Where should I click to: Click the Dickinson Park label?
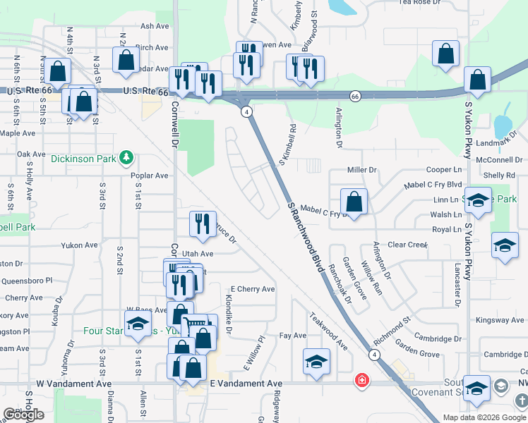(x=83, y=159)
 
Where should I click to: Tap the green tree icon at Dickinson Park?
(x=126, y=157)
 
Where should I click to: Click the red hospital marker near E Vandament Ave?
(x=362, y=381)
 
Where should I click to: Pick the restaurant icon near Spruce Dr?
(x=203, y=223)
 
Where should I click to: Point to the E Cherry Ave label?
(x=253, y=289)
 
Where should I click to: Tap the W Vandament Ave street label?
(x=74, y=384)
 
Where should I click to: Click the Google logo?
(x=24, y=415)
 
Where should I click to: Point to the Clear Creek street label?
(x=408, y=245)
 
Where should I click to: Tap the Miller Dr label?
(x=363, y=170)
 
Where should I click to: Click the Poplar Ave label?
(x=150, y=176)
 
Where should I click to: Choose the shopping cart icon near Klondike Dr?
(x=193, y=325)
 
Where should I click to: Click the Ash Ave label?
(x=155, y=26)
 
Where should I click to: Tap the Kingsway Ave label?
(x=500, y=320)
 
